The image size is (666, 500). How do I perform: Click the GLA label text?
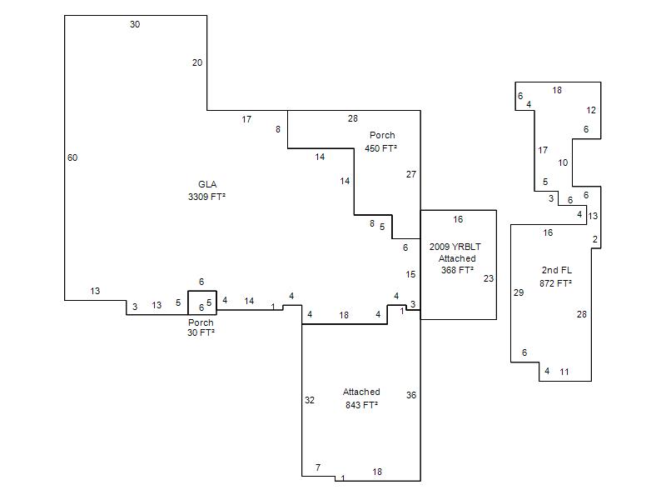pos(207,184)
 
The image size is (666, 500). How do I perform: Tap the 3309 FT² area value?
pos(206,197)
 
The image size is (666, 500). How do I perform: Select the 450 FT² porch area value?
pos(380,148)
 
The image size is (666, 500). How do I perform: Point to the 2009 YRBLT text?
pos(455,247)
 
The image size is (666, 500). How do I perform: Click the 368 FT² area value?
pos(457,270)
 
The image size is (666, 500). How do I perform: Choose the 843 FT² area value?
pos(361,405)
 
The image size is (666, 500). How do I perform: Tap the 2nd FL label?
pos(556,270)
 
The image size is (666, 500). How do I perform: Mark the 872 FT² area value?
pos(555,283)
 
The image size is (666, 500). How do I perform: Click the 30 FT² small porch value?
pos(201,332)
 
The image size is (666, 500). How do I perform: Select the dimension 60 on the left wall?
pos(72,157)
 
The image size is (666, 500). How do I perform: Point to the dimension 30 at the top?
pos(135,24)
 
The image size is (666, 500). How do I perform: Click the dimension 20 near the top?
pos(197,62)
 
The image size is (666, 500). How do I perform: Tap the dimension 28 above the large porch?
pos(352,118)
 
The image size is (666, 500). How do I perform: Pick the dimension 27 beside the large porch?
pos(410,174)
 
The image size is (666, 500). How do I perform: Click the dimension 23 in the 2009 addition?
pos(489,278)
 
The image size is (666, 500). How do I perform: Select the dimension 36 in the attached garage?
pos(410,395)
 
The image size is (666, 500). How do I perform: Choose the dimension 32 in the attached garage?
pos(310,400)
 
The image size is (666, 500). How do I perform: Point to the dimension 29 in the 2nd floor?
pos(519,292)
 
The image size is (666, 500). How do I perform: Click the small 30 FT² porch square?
pos(188,302)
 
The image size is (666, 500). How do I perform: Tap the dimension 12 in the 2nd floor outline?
pos(591,110)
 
